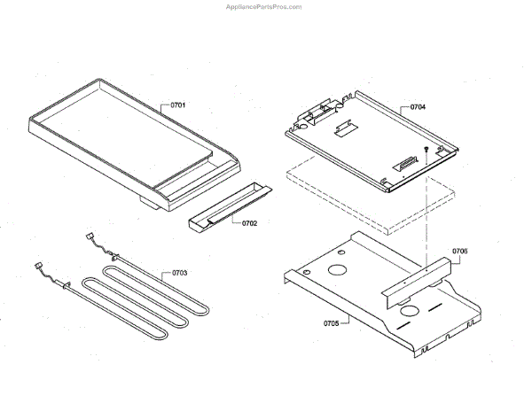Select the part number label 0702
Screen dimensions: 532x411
(249, 223)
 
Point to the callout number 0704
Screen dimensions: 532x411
(418, 107)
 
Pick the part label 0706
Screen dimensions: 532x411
(459, 251)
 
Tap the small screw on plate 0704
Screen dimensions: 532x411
(427, 150)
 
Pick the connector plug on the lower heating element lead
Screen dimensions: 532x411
(39, 266)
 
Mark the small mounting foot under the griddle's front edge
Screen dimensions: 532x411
(147, 205)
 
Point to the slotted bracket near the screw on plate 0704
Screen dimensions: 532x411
(408, 163)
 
